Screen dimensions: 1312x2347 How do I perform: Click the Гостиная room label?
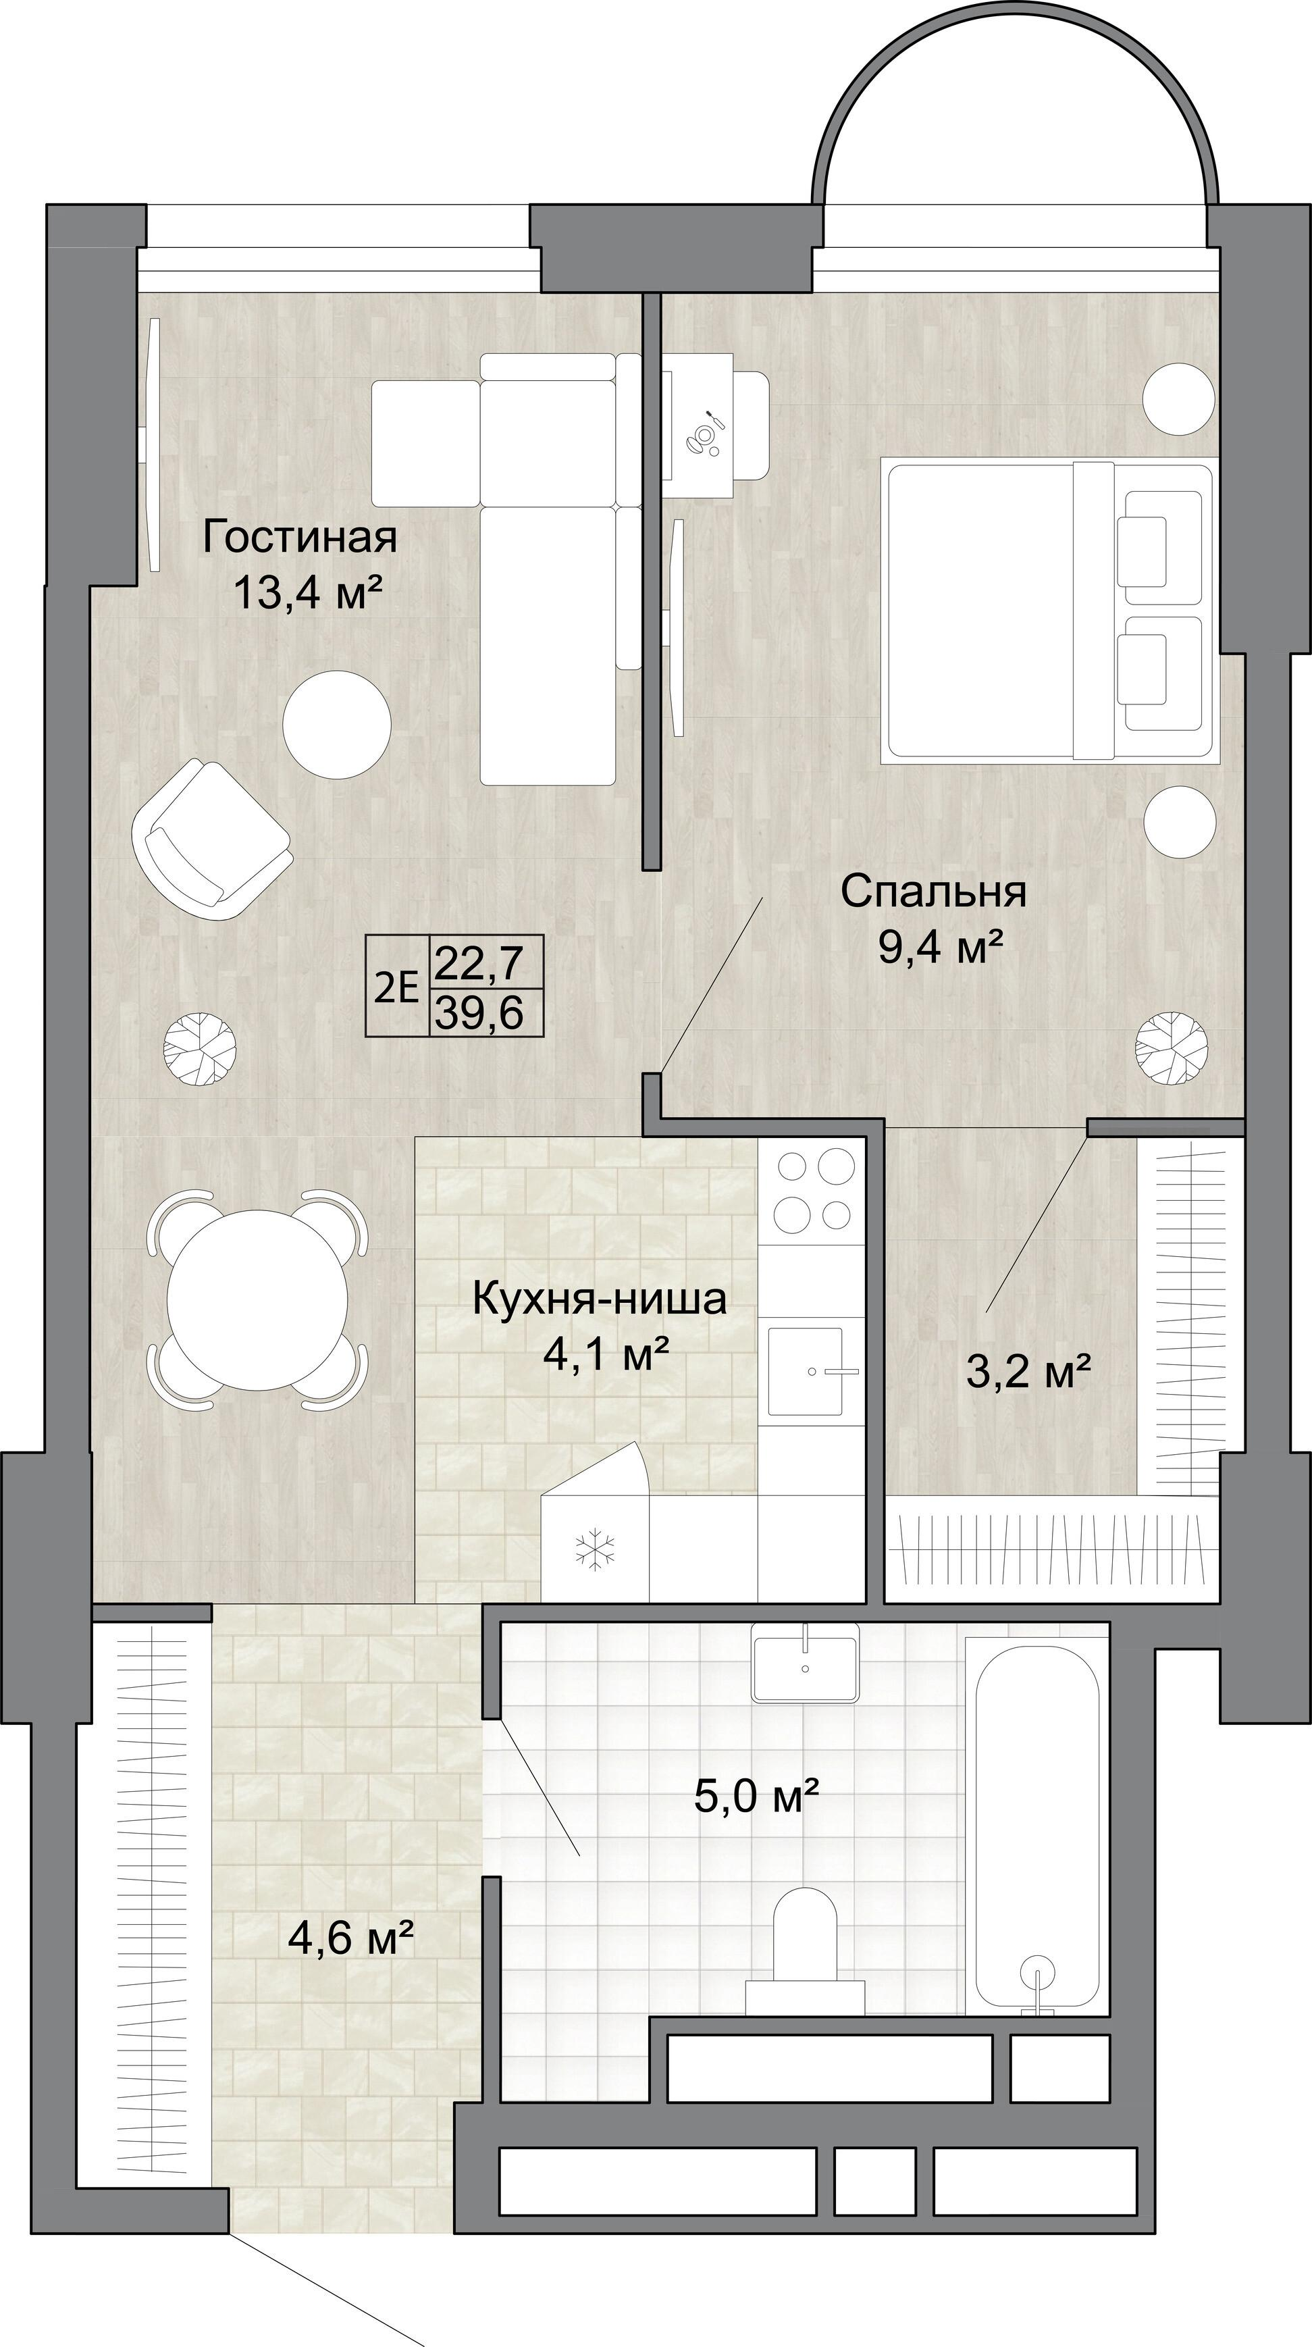(300, 537)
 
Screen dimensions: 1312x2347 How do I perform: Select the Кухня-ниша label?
(600, 1299)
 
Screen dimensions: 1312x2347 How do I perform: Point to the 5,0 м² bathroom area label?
(756, 1798)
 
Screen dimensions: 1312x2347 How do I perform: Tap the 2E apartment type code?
(396, 987)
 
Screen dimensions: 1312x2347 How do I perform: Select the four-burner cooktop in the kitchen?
(812, 1191)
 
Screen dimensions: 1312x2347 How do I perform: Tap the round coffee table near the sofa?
(337, 724)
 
